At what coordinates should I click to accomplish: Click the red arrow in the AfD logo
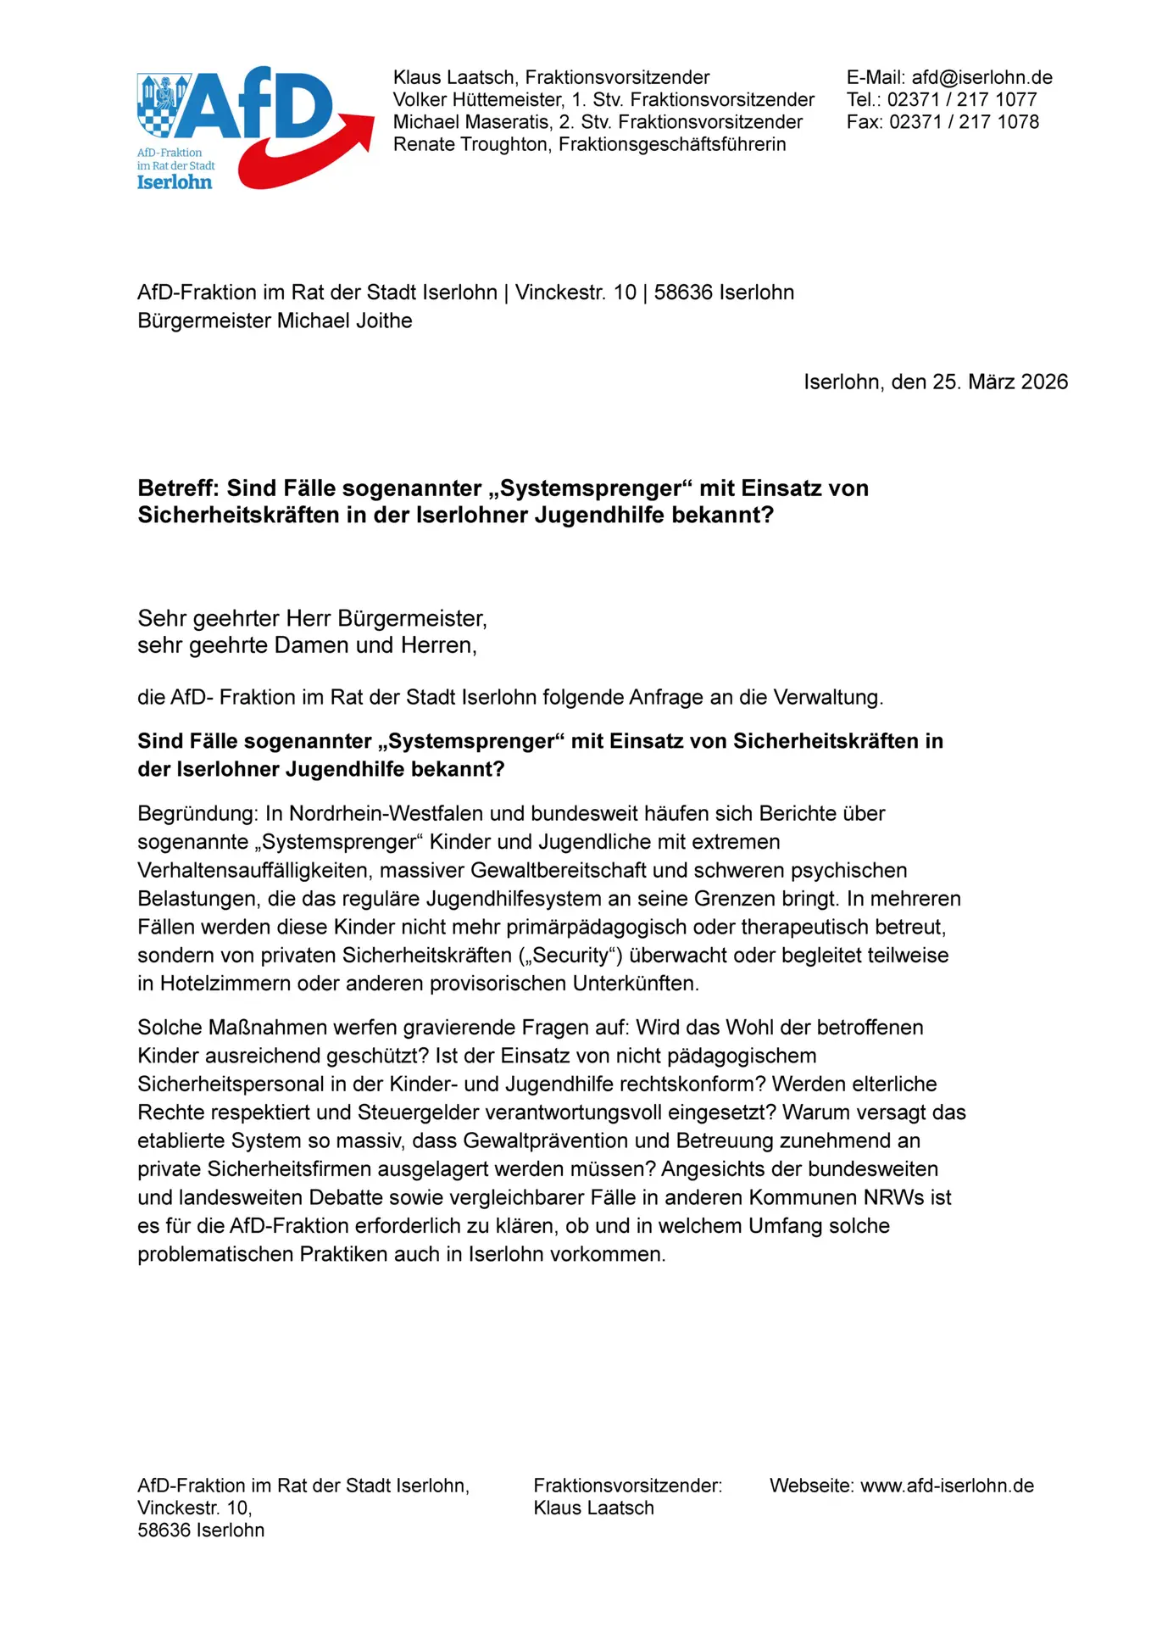[x=305, y=157]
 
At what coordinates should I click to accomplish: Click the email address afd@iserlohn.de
[x=981, y=77]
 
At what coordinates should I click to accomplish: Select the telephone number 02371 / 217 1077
[x=962, y=99]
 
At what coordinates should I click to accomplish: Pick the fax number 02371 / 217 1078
[x=964, y=121]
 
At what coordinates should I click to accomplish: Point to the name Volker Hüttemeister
[x=478, y=99]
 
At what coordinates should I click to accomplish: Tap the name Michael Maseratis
[x=470, y=121]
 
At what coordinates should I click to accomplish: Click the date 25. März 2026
[x=1000, y=382]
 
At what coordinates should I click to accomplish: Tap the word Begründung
[x=196, y=814]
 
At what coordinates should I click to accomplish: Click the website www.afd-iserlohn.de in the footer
[x=947, y=1486]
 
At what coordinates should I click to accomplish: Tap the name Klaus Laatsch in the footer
[x=593, y=1508]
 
